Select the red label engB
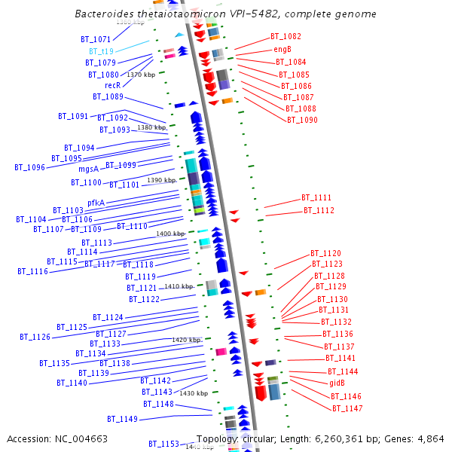click(282, 49)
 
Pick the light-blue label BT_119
click(102, 51)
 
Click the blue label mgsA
click(89, 169)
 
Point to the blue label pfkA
click(96, 203)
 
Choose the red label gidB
click(337, 383)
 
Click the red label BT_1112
click(319, 210)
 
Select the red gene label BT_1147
click(347, 408)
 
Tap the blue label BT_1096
click(30, 167)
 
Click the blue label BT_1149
click(122, 419)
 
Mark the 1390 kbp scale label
click(161, 181)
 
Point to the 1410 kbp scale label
click(179, 286)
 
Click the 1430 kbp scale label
click(193, 393)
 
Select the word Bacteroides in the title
click(105, 14)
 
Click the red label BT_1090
click(302, 120)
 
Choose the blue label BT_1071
click(96, 39)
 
